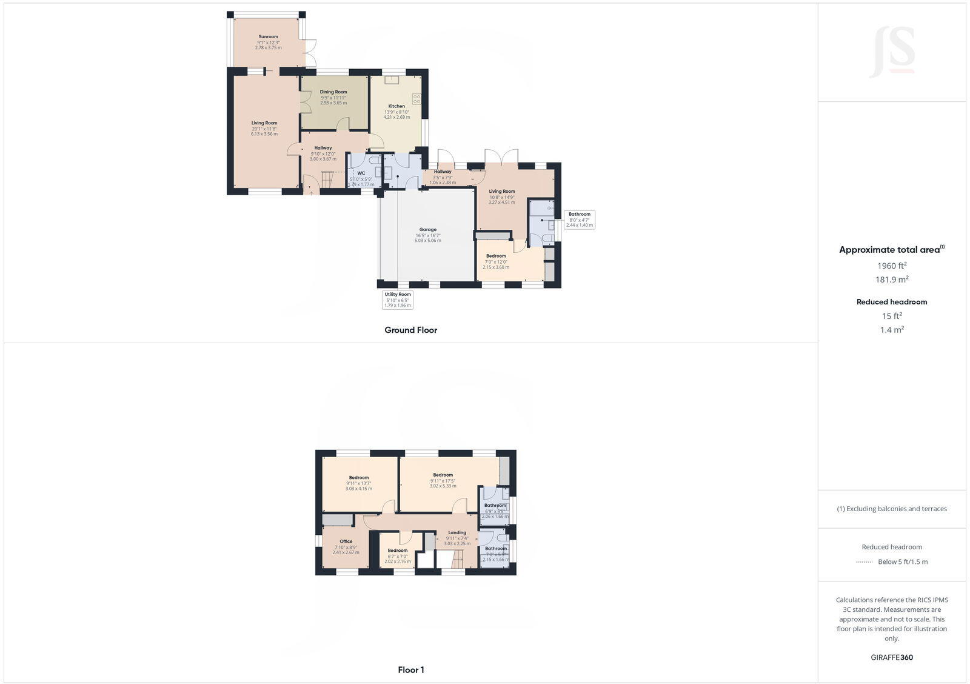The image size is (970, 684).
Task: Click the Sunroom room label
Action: click(268, 37)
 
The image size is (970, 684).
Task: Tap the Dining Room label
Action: click(333, 92)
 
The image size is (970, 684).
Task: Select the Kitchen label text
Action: click(396, 106)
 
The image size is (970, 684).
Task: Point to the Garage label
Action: click(427, 230)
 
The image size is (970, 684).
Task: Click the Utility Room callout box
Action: click(398, 300)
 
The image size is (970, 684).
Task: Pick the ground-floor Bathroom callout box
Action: click(580, 220)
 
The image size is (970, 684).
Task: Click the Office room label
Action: click(346, 541)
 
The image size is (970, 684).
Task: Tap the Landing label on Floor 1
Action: click(457, 533)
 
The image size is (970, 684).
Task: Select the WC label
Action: click(361, 173)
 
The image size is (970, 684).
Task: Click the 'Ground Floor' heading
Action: click(410, 330)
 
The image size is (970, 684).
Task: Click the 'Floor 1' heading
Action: click(411, 670)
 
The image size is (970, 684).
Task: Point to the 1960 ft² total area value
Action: click(892, 266)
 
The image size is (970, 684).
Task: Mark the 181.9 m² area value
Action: click(892, 280)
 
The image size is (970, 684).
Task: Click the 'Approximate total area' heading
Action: click(890, 250)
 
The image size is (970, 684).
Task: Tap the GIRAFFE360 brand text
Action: click(892, 657)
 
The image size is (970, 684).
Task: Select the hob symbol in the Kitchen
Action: click(416, 99)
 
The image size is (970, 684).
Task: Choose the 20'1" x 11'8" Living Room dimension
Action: click(264, 129)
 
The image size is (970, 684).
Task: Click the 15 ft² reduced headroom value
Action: click(892, 316)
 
